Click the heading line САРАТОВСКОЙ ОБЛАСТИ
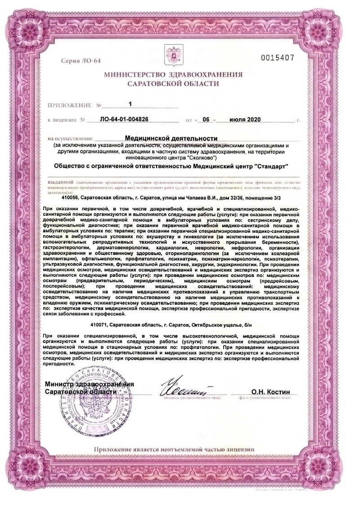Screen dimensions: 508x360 [x=173, y=84]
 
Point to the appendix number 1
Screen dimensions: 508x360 [x=130, y=104]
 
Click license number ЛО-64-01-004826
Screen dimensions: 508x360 [x=124, y=120]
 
